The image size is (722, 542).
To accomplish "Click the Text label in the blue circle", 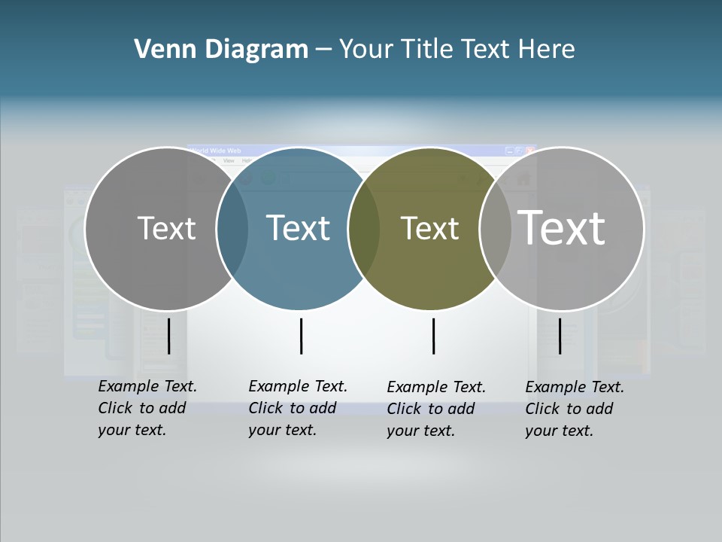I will pos(298,228).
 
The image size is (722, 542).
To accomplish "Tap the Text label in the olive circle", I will pos(429,228).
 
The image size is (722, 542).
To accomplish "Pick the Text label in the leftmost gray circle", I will pos(166,228).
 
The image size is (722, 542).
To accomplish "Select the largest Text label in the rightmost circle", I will pos(562,227).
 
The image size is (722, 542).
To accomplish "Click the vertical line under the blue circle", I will pos(301,336).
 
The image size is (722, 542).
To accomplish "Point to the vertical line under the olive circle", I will pos(433,336).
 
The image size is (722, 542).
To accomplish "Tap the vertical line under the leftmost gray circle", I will pos(168,336).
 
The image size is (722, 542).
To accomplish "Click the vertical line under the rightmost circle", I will pos(560,336).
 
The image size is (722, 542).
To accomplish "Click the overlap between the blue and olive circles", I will pos(364,228).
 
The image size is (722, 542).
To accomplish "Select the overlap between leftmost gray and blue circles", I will pos(232,228).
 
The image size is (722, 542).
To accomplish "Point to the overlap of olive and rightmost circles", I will pos(496,228).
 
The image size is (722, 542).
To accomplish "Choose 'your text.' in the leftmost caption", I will pos(132,431).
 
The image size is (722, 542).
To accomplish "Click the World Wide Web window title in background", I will pos(216,151).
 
